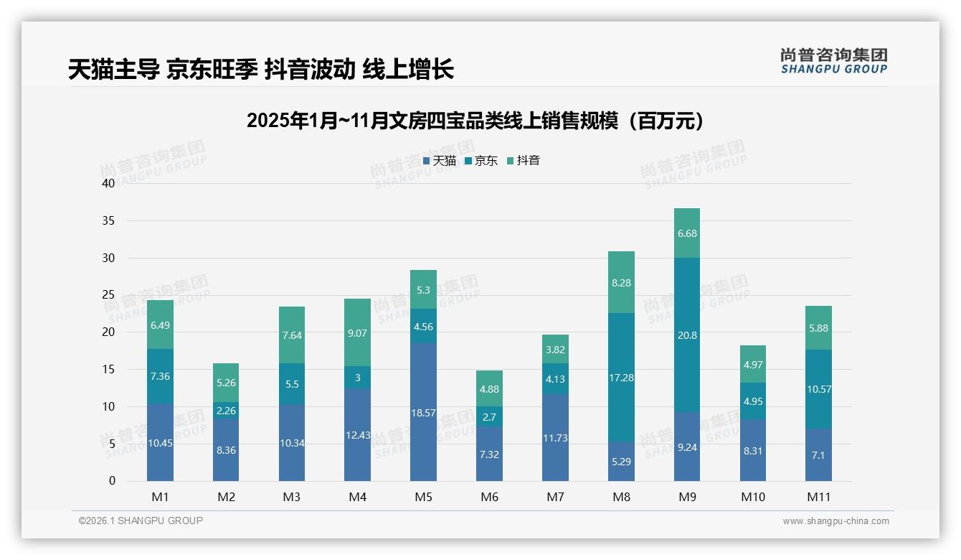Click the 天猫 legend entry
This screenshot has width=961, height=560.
[440, 161]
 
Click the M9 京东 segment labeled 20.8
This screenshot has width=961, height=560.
[687, 335]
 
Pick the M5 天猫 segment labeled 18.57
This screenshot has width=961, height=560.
[423, 412]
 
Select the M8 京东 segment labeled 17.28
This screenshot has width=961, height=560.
[621, 377]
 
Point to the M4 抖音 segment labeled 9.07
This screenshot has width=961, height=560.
[357, 332]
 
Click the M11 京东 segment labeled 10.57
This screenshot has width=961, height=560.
[818, 389]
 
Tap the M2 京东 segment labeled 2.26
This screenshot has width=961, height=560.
[226, 411]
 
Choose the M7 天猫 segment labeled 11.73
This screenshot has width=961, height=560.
[555, 437]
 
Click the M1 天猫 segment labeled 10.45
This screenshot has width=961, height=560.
[160, 442]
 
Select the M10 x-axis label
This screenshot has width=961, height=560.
[752, 497]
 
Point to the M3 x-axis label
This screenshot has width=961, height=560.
[292, 497]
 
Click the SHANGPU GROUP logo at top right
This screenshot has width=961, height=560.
[833, 61]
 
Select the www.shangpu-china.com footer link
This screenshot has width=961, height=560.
[835, 521]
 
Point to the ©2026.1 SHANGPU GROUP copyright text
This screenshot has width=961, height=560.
[141, 521]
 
